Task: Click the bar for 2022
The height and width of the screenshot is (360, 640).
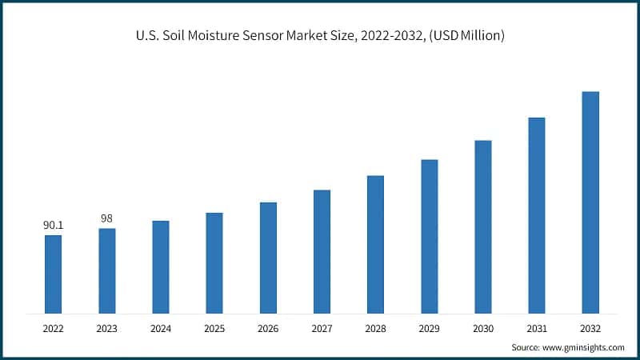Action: pos(53,274)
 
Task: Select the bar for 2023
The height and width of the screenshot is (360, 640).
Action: pos(106,270)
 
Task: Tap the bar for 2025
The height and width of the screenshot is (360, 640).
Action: pos(214,262)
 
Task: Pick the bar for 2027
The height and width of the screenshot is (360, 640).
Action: pos(322,251)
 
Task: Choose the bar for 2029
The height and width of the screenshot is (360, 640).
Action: pos(429,236)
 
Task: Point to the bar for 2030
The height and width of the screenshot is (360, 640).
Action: pos(482,226)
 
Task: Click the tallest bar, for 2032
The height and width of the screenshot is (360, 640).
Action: pos(590,202)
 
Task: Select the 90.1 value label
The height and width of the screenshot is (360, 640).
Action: pos(53,226)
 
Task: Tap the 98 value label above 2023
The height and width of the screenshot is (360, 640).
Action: pos(106,218)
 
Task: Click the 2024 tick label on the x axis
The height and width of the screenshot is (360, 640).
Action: pos(160,327)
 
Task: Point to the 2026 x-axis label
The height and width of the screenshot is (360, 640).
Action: pos(268,327)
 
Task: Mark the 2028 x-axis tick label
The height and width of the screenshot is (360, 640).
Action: pos(375,327)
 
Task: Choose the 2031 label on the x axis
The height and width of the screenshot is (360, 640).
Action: pos(536,327)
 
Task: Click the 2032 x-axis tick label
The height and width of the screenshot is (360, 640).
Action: pos(590,327)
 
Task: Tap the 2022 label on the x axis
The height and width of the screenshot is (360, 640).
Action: pos(53,327)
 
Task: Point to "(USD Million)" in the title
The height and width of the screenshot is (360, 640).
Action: pos(466,37)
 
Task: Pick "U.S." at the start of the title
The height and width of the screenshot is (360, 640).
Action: pos(146,37)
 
